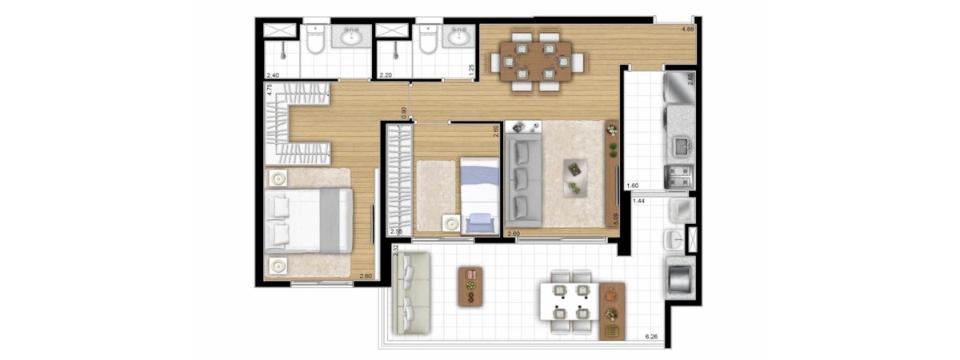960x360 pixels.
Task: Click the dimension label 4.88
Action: point(686,30)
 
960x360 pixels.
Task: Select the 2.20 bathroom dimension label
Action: point(385,75)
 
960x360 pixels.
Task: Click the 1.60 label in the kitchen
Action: point(633,186)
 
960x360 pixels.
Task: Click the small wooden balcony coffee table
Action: point(470,286)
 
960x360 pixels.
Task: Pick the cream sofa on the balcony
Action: point(410,292)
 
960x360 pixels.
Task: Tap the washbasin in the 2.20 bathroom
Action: point(458,38)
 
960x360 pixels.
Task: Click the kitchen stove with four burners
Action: point(679,176)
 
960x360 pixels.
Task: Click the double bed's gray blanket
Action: point(330,220)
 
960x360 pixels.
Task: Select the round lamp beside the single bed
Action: point(452,225)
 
